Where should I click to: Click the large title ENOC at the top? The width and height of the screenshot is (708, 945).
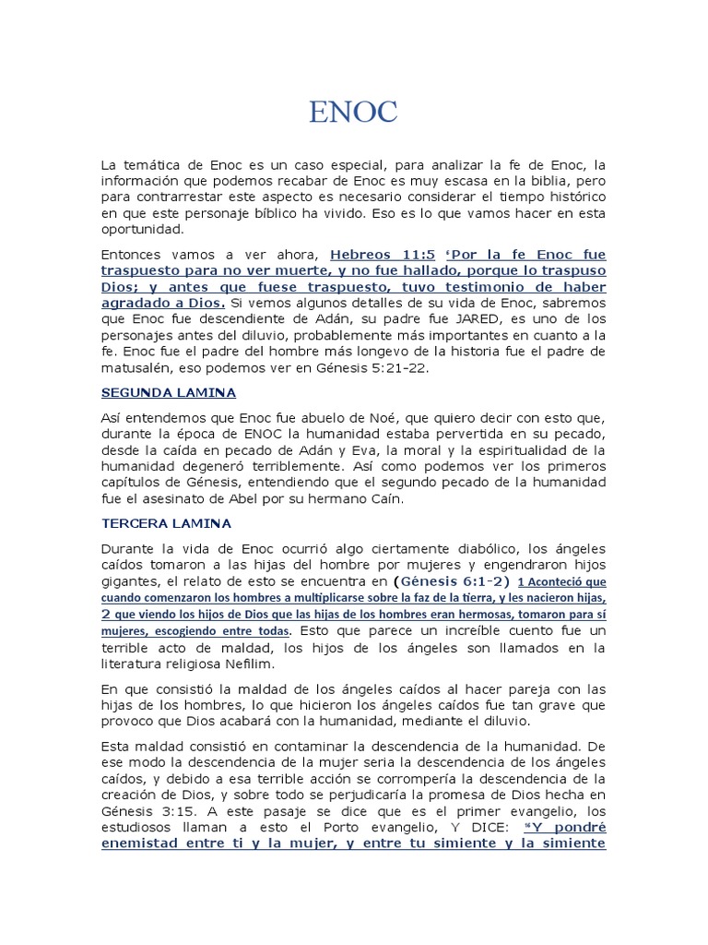pos(354,113)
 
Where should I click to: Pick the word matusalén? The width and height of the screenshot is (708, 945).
pos(138,367)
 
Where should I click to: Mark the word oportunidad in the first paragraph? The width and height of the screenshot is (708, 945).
pos(143,229)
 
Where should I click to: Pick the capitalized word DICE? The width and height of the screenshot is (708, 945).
pos(470,826)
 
